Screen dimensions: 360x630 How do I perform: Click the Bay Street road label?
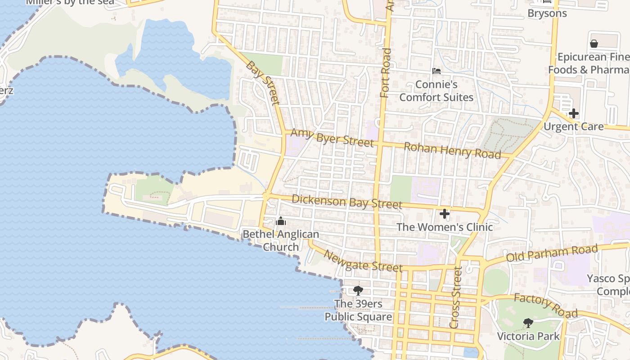pos(263,83)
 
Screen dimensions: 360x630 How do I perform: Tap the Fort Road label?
pos(386,73)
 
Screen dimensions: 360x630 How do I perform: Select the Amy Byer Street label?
pos(332,137)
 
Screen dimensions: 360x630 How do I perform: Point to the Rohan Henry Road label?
pos(452,150)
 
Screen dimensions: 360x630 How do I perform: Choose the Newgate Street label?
pos(363,261)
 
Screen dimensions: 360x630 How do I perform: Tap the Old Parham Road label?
pos(552,253)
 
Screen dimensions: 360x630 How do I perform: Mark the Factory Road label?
pos(545,306)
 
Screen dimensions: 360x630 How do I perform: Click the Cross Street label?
pos(456,297)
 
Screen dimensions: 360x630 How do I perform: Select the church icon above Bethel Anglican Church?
pos(281,221)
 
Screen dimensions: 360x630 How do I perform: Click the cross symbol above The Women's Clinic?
pos(445,214)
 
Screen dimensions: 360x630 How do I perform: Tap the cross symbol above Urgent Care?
pos(573,113)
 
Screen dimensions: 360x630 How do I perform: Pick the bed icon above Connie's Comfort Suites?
pos(436,71)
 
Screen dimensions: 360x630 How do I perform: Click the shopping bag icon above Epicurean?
pos(594,44)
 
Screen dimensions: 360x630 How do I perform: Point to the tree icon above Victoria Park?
pos(528,323)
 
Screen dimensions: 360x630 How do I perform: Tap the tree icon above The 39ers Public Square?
pos(358,290)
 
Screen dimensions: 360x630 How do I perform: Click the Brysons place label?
pos(547,13)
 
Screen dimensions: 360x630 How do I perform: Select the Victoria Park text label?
pos(528,336)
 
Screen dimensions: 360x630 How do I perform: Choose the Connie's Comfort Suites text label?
pos(436,91)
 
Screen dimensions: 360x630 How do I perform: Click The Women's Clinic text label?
pos(445,227)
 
